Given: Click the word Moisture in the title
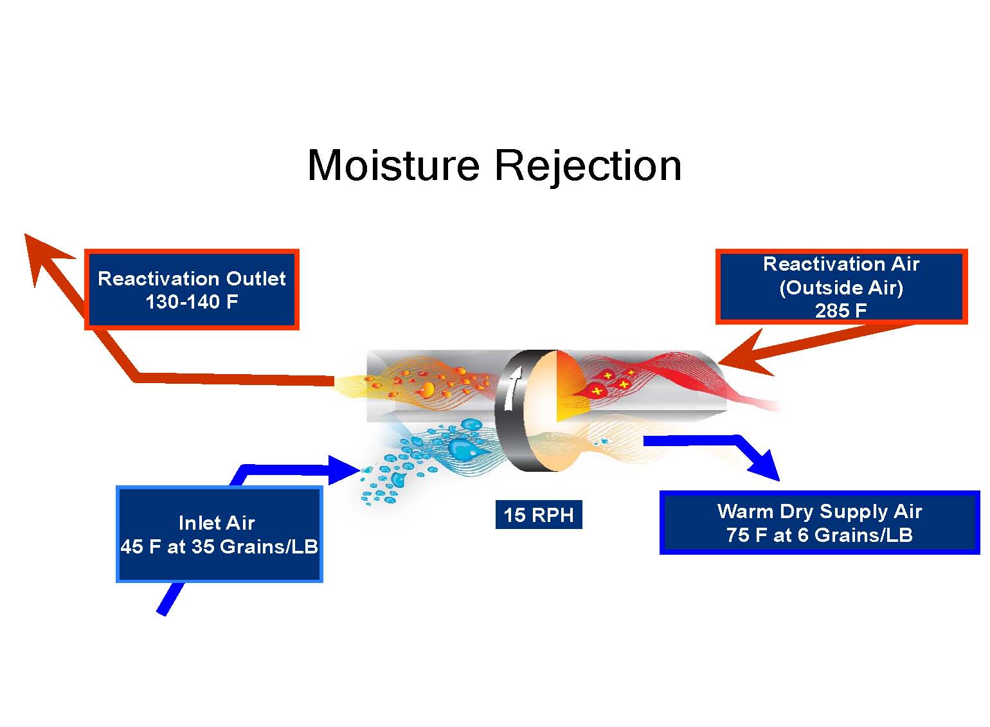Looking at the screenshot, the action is tap(393, 165).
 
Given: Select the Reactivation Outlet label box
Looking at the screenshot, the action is tap(192, 289).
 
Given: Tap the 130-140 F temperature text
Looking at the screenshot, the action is tap(192, 302).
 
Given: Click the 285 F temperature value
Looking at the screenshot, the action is tap(841, 310).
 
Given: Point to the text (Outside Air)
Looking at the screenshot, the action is tap(841, 288).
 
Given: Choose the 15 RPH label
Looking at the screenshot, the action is tap(539, 515).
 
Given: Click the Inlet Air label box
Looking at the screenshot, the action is tap(219, 534).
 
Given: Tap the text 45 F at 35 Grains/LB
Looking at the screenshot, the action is tap(219, 546).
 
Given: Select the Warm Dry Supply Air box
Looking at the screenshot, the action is tap(820, 523).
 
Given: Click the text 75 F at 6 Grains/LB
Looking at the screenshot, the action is tap(820, 535).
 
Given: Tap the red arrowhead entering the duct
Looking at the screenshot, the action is tap(742, 354).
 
